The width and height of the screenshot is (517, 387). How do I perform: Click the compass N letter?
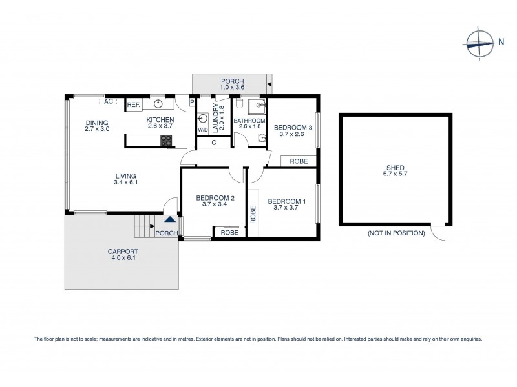[x=501, y=43]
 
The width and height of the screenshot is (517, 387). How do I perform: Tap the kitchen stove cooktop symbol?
[x=165, y=141]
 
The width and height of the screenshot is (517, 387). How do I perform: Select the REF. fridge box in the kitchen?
[x=134, y=104]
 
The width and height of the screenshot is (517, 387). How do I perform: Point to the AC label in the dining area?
[x=109, y=102]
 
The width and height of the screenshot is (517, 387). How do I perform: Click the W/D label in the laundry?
[x=202, y=130]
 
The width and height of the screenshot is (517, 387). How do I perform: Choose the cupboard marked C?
[x=214, y=143]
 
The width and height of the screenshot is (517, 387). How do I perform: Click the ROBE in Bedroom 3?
[x=299, y=161]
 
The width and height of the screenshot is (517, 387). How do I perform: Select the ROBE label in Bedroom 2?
[x=228, y=232]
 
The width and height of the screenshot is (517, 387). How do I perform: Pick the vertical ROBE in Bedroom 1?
[x=253, y=214]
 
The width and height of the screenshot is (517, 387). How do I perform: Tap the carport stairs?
[x=143, y=226]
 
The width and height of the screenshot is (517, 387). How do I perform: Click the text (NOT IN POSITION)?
[x=396, y=233]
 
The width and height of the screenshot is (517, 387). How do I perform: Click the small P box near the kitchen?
[x=191, y=102]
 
